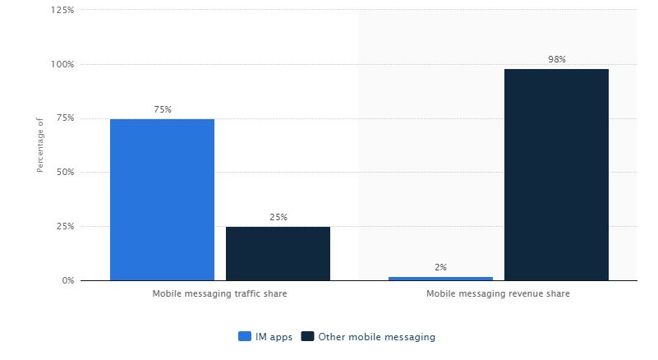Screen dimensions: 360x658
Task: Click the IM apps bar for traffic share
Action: point(162,200)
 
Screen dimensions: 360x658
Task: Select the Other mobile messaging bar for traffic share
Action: point(278,253)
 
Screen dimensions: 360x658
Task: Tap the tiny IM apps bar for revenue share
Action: point(440,279)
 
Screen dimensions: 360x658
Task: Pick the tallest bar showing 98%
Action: point(556,174)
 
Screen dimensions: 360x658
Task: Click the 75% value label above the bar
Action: point(162,109)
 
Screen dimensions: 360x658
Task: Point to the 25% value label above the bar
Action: point(278,218)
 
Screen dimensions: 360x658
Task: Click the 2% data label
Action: point(440,267)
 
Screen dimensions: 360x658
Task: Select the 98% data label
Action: point(556,59)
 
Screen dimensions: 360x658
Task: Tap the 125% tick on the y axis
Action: point(62,10)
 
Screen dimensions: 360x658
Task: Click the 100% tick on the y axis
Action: point(62,64)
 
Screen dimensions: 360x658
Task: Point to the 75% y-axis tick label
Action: point(64,118)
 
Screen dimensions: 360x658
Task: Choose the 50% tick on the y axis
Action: point(64,173)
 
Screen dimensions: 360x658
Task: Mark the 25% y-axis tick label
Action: point(64,226)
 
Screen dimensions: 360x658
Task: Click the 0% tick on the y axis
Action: point(67,280)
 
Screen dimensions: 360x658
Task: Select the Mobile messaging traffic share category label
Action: point(219,293)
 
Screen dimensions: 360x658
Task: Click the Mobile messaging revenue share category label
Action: point(498,293)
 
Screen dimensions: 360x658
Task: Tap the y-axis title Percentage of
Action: point(39,145)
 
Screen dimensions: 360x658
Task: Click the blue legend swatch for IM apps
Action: point(245,336)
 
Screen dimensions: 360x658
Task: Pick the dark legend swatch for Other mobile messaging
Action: point(308,336)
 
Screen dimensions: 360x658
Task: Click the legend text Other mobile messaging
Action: point(377,337)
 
